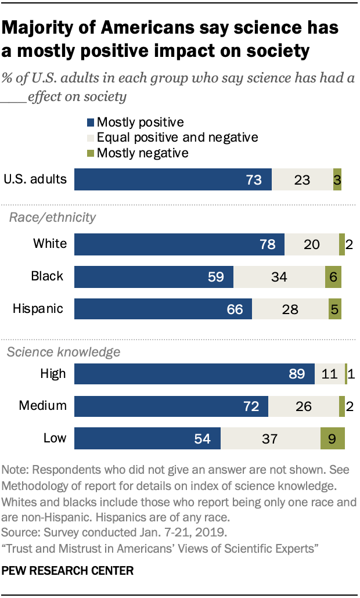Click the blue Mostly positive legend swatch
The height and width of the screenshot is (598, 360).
91,123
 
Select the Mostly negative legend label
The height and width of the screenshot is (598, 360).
142,153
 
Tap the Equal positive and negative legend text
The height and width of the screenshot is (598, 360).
177,138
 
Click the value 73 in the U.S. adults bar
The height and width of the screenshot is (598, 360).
254,180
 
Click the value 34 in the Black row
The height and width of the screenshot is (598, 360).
279,276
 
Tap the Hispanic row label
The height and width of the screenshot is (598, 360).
38,308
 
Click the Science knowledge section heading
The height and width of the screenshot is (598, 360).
63,351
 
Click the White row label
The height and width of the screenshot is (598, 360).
50,244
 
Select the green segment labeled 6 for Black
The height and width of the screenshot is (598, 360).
333,276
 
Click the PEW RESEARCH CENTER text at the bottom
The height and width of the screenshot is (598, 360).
68,571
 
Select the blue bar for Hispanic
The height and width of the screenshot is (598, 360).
163,308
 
